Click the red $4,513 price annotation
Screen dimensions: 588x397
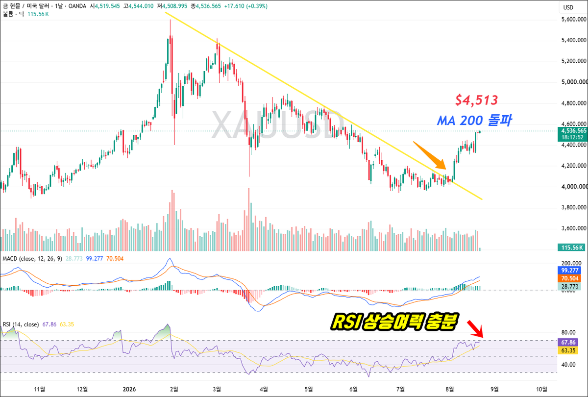(476, 100)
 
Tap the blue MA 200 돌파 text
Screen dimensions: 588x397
(474, 120)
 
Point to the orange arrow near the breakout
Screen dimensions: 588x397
(429, 155)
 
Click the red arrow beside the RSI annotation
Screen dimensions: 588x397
(475, 329)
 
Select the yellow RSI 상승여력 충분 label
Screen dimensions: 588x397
(394, 322)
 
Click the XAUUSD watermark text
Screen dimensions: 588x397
(278, 124)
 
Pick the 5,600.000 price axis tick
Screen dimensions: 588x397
(574, 20)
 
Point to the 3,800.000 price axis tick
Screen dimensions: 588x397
(574, 207)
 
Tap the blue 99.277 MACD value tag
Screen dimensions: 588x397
(569, 271)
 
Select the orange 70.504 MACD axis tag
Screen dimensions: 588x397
(569, 278)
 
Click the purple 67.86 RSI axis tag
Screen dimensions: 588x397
(568, 343)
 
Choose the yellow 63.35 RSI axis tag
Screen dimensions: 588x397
(568, 350)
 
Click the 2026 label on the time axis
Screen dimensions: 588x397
(129, 389)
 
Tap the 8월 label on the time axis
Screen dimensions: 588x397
(450, 389)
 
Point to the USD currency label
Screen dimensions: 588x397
(568, 7)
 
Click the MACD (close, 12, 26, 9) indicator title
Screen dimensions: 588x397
(32, 259)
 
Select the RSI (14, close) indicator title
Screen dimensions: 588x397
(21, 324)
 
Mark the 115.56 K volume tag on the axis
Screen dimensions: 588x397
(571, 248)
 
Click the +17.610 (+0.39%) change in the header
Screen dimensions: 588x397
(245, 6)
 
